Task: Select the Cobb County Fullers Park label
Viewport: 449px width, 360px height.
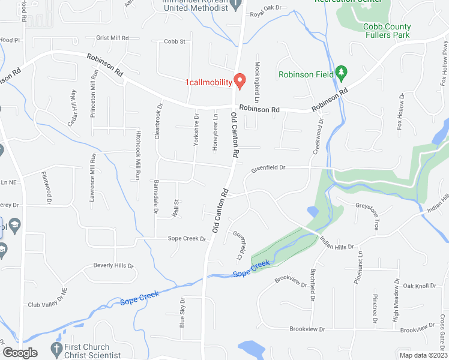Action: pyautogui.click(x=387, y=31)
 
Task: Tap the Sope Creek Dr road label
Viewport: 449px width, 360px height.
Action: pyautogui.click(x=186, y=239)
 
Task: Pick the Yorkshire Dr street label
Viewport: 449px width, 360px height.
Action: pyautogui.click(x=196, y=130)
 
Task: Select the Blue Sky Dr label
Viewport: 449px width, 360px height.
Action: pyautogui.click(x=182, y=312)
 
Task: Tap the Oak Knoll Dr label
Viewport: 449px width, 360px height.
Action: pyautogui.click(x=420, y=286)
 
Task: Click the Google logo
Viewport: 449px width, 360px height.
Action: pyautogui.click(x=20, y=353)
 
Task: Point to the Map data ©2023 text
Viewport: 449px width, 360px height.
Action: pyautogui.click(x=423, y=355)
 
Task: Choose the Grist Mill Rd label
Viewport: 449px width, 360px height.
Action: pyautogui.click(x=112, y=38)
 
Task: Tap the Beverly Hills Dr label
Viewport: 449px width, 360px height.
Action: pyautogui.click(x=113, y=265)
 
